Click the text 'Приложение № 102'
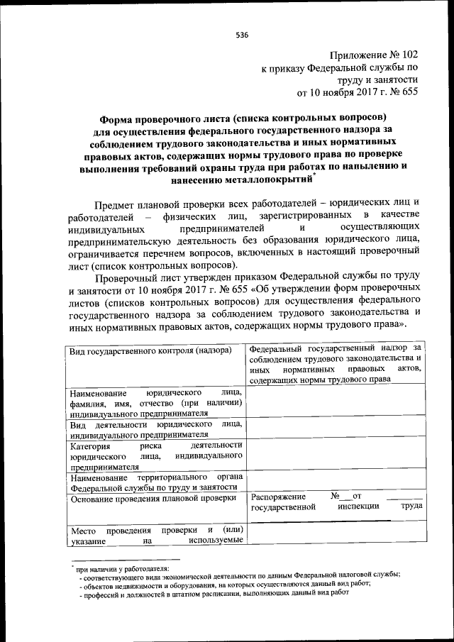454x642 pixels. (x=375, y=55)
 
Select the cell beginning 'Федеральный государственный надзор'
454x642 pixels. (x=336, y=363)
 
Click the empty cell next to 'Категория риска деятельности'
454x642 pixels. (x=336, y=455)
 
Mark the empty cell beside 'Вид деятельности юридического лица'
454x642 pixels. (x=336, y=428)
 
